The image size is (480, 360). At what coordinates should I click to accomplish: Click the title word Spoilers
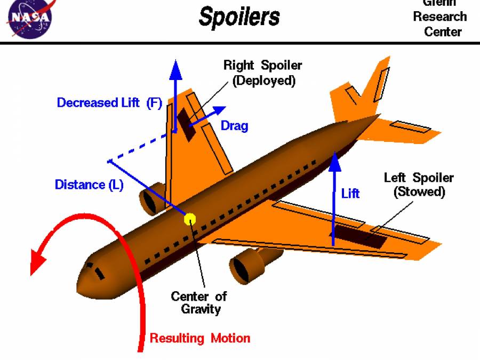pyautogui.click(x=239, y=17)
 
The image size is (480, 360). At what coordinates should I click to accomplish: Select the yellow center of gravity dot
pyautogui.click(x=190, y=218)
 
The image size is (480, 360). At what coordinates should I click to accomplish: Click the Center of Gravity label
pyautogui.click(x=199, y=302)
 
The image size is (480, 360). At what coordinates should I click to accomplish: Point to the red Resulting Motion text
pyautogui.click(x=199, y=338)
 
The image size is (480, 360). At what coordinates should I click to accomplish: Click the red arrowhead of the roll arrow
pyautogui.click(x=38, y=262)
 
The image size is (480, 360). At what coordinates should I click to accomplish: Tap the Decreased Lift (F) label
pyautogui.click(x=109, y=102)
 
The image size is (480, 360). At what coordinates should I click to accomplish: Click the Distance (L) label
pyautogui.click(x=89, y=185)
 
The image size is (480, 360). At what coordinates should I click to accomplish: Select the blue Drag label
pyautogui.click(x=234, y=126)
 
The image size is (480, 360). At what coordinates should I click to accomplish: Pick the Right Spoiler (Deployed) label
pyautogui.click(x=262, y=73)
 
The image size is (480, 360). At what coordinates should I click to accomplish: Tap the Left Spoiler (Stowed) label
pyautogui.click(x=419, y=185)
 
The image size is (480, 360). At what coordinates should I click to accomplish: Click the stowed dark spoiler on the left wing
pyautogui.click(x=360, y=236)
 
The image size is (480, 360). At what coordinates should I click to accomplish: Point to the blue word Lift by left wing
pyautogui.click(x=350, y=193)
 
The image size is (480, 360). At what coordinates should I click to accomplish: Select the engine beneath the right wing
pyautogui.click(x=151, y=198)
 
